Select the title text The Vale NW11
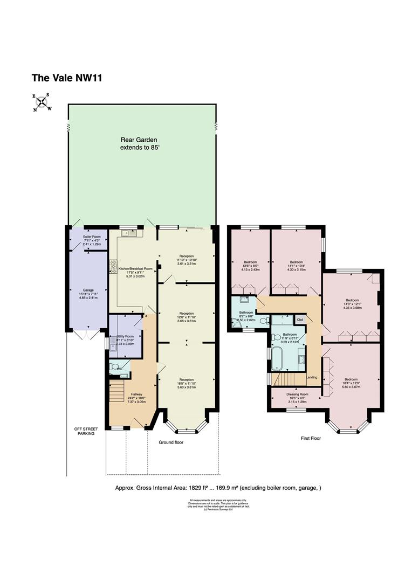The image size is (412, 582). [67, 78]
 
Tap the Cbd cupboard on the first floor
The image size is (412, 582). [300, 319]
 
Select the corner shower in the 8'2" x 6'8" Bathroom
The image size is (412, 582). [236, 322]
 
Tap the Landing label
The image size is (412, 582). [312, 377]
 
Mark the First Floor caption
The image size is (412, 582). [311, 438]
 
